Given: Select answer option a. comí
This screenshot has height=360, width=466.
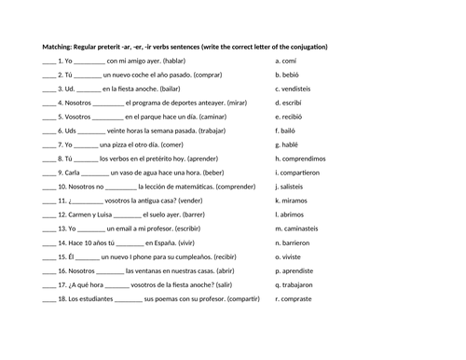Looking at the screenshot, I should point(289,61).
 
